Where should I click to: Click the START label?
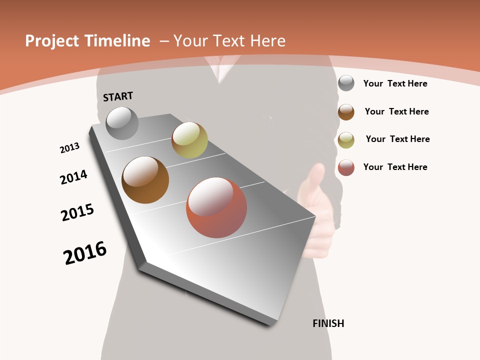click(118, 96)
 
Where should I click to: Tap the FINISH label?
click(328, 323)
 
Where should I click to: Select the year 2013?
click(69, 148)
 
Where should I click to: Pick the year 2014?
click(74, 177)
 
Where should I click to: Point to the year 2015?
click(77, 212)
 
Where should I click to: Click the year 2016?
click(85, 252)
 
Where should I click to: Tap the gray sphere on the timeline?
click(122, 123)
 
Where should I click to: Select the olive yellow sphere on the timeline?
click(189, 140)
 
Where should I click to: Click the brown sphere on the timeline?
click(145, 180)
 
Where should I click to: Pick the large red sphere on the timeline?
click(216, 207)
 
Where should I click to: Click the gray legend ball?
click(346, 83)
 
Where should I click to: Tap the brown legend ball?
click(346, 112)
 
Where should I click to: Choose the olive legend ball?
click(346, 140)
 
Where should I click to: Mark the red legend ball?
click(346, 167)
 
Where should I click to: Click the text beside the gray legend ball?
click(395, 83)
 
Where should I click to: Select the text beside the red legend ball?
click(395, 167)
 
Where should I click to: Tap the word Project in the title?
click(52, 41)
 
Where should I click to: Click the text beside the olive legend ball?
click(397, 139)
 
